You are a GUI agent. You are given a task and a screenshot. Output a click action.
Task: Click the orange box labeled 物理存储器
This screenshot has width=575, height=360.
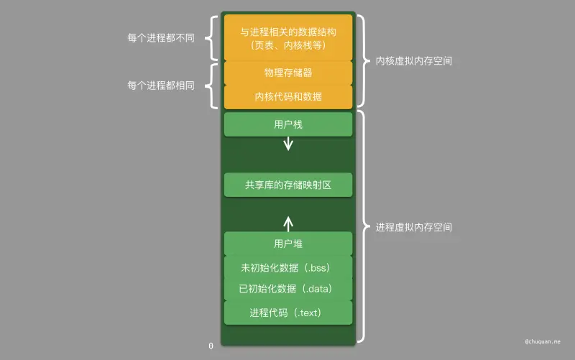pos(287,73)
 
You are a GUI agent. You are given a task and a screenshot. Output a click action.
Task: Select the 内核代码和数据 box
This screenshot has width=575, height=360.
pos(287,96)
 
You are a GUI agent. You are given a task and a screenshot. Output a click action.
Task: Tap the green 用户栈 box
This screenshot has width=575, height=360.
pos(287,124)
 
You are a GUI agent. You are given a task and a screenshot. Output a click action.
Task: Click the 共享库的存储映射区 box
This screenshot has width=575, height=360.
pos(287,185)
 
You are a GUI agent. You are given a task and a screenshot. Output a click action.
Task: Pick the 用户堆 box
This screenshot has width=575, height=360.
pos(287,244)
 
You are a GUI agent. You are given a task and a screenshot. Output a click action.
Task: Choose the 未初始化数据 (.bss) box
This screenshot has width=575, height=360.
pos(287,268)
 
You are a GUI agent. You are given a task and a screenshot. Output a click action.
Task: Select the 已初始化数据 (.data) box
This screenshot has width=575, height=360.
pos(287,290)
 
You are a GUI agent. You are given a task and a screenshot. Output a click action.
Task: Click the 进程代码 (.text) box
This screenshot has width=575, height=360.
pos(287,313)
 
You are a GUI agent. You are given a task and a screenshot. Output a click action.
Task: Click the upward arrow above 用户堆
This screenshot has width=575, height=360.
pos(288,221)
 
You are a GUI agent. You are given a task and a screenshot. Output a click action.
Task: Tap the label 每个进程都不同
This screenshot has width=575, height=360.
pos(160,38)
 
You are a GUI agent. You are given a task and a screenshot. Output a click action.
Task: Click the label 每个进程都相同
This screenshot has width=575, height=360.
pos(160,85)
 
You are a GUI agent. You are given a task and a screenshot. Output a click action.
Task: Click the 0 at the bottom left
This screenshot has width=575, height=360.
pos(211,346)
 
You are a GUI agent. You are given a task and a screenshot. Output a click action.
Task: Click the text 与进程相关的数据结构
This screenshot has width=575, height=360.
pos(287,32)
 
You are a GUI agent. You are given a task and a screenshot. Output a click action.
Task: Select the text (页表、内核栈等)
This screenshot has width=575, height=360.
pos(287,45)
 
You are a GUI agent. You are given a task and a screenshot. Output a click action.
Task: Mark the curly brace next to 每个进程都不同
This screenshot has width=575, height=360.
pos(211,38)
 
